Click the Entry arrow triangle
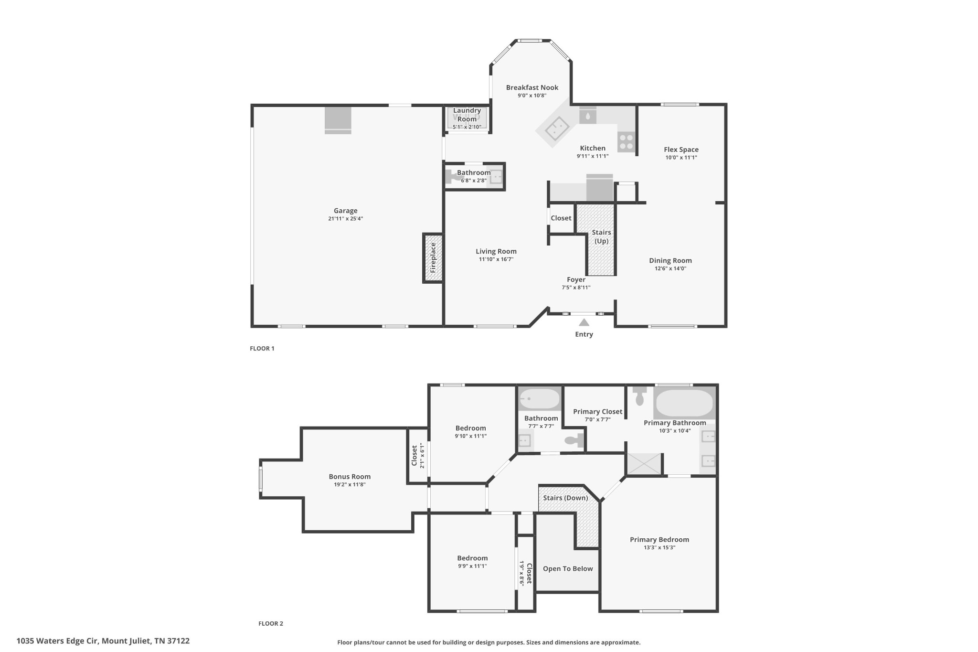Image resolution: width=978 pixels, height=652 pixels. coord(584,322)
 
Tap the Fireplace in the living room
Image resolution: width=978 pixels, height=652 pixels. coord(433,258)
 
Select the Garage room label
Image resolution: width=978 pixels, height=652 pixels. coord(345,211)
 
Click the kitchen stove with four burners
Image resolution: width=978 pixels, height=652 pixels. coord(626,141)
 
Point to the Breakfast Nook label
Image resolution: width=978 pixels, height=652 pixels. coord(532,87)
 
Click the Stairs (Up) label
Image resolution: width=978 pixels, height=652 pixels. coord(601,236)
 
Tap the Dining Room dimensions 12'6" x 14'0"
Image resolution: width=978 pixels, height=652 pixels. coord(670,268)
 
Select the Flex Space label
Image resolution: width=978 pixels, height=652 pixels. coord(681,150)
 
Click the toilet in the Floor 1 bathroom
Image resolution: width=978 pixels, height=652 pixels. coord(451,177)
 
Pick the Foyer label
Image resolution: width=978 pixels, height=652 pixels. coord(576,279)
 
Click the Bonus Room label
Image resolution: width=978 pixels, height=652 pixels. coord(350,476)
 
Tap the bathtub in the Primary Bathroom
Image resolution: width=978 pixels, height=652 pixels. coord(684,403)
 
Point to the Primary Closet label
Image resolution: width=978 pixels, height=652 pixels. coord(597,411)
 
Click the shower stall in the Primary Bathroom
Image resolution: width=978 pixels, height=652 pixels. coord(644,464)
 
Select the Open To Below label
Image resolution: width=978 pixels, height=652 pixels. coord(568,568)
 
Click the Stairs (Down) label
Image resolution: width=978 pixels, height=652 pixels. coord(565,498)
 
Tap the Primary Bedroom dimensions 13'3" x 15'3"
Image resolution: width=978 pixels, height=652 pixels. coord(659,547)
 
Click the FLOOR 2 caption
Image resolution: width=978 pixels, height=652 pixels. coord(271,623)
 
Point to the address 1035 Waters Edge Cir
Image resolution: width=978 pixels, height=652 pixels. coord(57,641)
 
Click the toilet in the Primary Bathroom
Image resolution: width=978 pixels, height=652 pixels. coord(639,395)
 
